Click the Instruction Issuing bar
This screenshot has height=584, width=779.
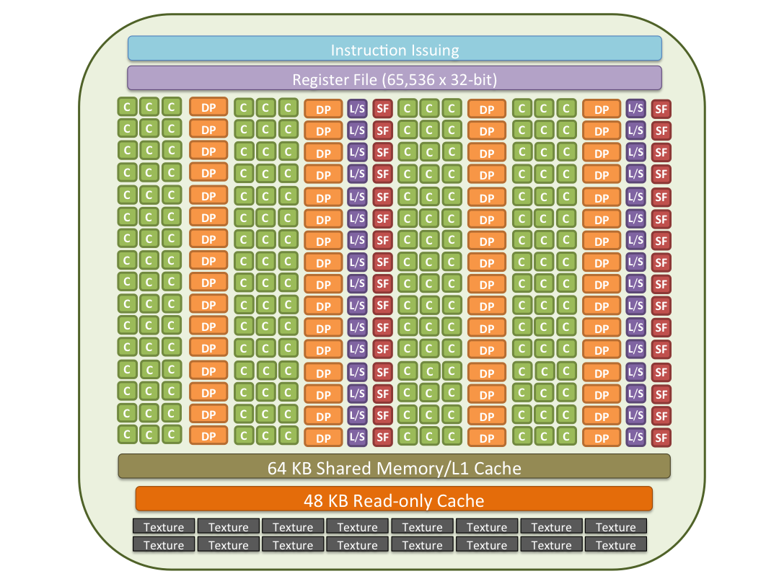(395, 49)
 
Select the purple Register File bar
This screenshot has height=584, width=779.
(395, 79)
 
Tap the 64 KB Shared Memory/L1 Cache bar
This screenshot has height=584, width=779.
(394, 466)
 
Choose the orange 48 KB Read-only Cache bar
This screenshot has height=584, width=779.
(394, 499)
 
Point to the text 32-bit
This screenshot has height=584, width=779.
(471, 79)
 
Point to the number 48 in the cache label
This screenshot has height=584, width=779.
(314, 501)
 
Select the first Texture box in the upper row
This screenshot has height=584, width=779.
(164, 526)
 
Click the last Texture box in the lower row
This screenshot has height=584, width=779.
(615, 545)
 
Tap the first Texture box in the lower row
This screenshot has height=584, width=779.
(164, 545)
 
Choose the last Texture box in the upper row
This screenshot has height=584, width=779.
(615, 526)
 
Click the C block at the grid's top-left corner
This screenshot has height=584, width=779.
(127, 107)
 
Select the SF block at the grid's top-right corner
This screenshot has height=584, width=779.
(661, 110)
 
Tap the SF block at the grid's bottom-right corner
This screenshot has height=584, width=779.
(661, 438)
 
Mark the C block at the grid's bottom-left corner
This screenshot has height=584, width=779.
(127, 435)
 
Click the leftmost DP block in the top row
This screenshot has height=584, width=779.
(208, 107)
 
